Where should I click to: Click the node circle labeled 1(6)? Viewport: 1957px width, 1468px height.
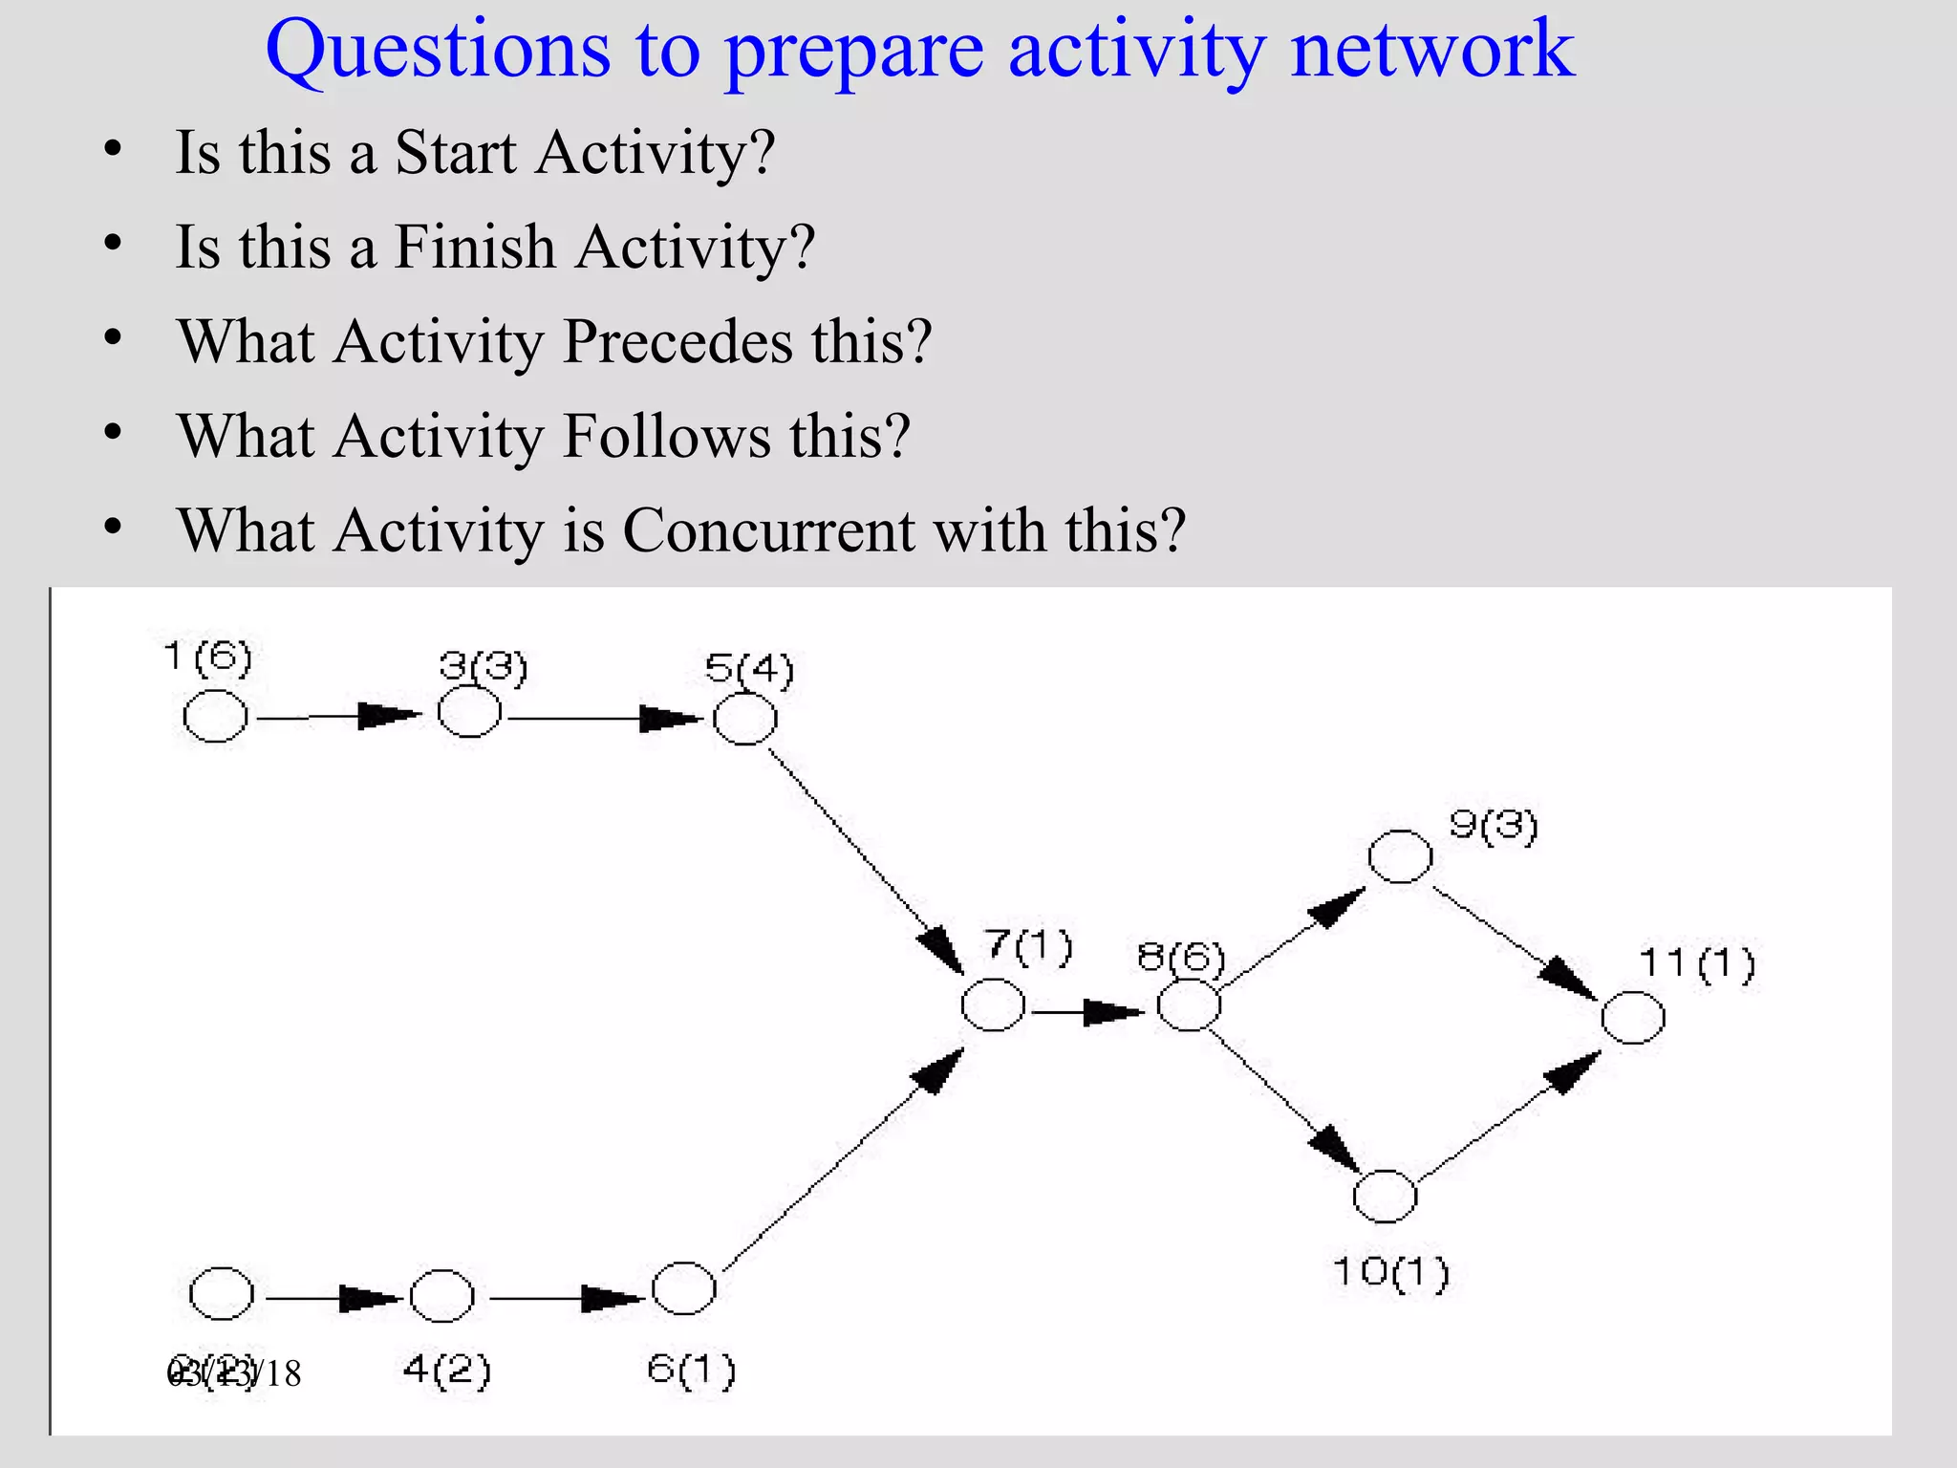215,716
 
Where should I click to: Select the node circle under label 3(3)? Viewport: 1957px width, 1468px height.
469,712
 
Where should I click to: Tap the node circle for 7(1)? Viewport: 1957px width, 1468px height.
993,1004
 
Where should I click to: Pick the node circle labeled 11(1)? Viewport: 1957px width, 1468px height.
1632,1017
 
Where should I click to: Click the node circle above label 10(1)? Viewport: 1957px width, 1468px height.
1385,1196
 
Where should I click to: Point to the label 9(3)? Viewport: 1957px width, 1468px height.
1494,825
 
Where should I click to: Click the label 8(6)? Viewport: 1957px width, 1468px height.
1181,956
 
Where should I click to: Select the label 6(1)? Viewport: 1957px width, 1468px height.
692,1370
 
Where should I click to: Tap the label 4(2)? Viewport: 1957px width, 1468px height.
446,1370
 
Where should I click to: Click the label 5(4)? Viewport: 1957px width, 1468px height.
750,669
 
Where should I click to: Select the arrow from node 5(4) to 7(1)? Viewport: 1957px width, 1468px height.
865,860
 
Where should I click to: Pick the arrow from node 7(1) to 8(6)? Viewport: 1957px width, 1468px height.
1088,1011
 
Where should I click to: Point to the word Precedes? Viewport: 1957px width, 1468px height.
677,341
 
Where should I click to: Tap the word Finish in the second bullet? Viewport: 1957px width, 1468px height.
474,247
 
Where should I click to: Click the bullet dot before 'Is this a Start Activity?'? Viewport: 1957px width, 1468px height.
113,150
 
